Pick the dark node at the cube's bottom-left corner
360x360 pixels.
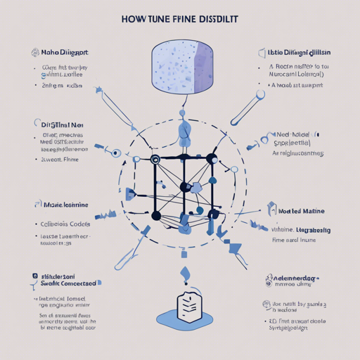pos(156,215)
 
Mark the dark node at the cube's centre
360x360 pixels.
pos(185,187)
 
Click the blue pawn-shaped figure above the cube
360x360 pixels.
pos(184,133)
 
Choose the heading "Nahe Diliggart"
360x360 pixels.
pos(65,53)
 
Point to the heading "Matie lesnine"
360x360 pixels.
pos(67,205)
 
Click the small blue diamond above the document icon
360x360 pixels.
pos(184,272)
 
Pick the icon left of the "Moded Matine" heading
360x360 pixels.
pos(271,208)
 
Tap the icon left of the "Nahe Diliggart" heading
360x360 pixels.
pos(34,53)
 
